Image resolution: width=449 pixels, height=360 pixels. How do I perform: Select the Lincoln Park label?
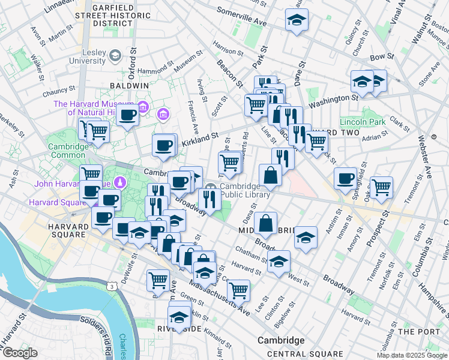pos(362,121)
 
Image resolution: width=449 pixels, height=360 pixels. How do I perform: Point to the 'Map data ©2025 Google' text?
pos(412,355)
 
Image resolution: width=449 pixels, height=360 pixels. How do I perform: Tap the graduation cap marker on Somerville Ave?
pos(297,22)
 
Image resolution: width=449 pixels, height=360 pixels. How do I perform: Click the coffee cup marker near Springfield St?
pos(345,178)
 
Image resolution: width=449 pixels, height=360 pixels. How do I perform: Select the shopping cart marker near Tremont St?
pos(381,187)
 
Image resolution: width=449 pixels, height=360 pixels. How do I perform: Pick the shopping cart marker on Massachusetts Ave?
pos(238,291)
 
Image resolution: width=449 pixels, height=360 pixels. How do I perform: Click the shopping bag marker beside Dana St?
pos(265,223)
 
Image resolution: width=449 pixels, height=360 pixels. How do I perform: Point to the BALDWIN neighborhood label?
pos(128,86)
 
